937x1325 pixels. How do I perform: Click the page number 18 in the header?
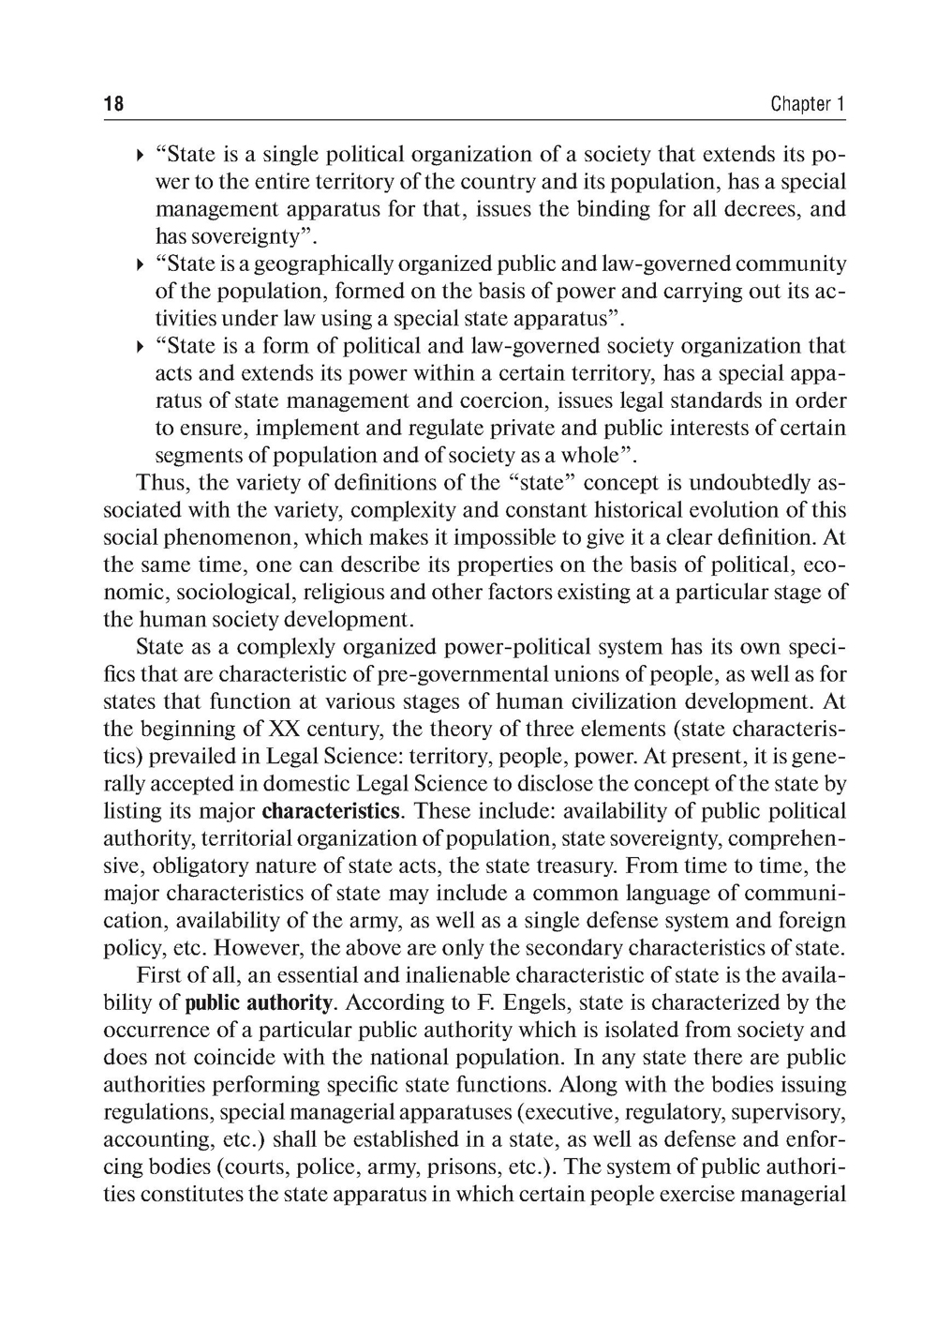click(113, 104)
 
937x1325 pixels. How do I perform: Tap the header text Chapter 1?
click(808, 104)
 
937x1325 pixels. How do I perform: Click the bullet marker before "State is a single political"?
click(140, 155)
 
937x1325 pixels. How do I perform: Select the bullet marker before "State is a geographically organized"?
click(140, 264)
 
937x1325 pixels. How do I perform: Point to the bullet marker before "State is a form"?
click(140, 347)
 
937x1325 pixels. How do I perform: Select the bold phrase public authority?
click(258, 1003)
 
